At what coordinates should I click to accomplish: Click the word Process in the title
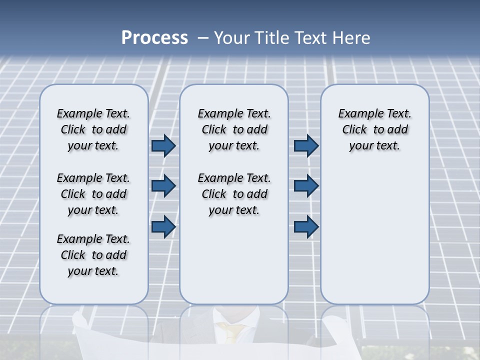154,37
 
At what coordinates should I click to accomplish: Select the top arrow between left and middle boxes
163,145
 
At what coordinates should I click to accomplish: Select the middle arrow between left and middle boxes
163,186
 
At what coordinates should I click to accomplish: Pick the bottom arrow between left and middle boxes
163,226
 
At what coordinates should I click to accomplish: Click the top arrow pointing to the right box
306,145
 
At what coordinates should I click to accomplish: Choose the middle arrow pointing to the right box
306,186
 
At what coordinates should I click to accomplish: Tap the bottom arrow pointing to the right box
306,226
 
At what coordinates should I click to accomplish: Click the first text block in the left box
93,129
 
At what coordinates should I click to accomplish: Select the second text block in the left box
93,194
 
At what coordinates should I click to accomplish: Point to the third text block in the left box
93,255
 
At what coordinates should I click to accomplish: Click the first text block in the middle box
234,129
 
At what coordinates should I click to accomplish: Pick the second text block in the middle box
234,194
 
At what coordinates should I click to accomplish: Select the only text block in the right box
374,129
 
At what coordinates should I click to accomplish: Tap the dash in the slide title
203,38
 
